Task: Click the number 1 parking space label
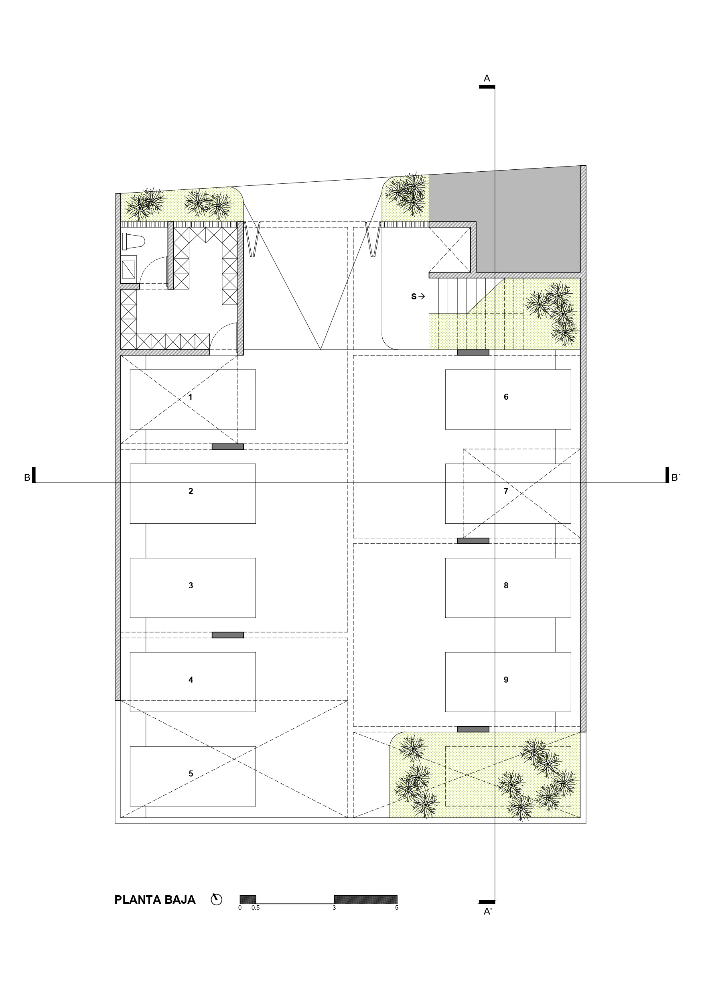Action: [190, 397]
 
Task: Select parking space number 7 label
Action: [506, 491]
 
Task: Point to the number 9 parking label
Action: [506, 680]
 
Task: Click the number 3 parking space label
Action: [191, 585]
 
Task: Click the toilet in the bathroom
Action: [133, 241]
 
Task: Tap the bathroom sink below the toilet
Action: [128, 269]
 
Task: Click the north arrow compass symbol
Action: [217, 899]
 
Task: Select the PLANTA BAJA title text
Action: [155, 900]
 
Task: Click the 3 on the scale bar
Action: [334, 907]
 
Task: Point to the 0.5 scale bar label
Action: [256, 907]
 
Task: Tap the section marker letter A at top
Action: [487, 79]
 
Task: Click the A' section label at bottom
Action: [488, 911]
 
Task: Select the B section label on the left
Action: [27, 478]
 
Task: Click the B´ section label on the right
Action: [676, 478]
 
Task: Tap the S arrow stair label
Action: [418, 297]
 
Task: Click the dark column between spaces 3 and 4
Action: [228, 635]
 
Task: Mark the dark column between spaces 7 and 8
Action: [473, 541]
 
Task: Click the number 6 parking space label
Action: [506, 397]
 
